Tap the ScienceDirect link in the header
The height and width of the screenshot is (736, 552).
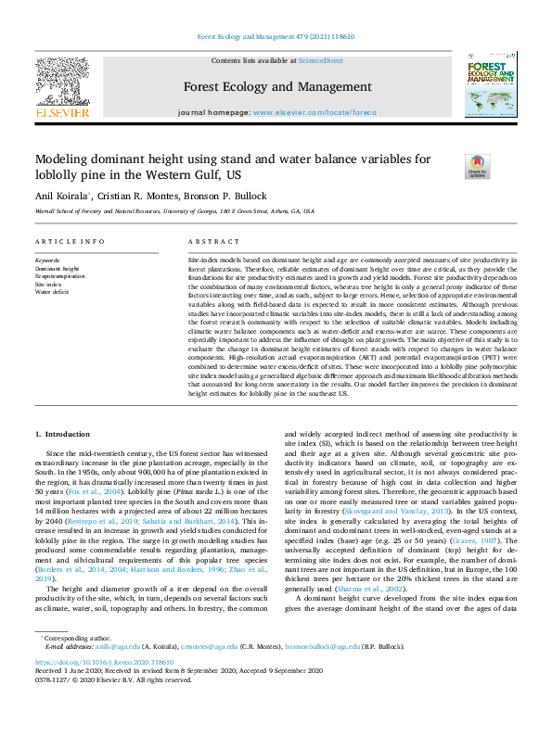pos(322,60)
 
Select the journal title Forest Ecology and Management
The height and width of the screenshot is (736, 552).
pos(276,88)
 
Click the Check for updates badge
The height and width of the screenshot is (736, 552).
pos(477,165)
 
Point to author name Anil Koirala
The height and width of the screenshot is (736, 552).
pos(62,196)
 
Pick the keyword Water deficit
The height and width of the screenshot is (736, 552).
pos(52,291)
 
